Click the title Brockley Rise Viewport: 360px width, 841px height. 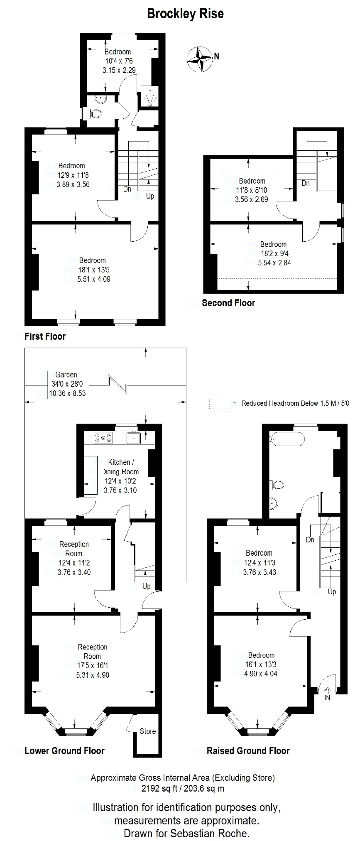[x=185, y=14]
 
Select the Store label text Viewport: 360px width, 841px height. [x=147, y=731]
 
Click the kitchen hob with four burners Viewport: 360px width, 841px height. [x=103, y=437]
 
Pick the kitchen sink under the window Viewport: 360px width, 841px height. [x=135, y=438]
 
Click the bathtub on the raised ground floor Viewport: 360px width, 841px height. [x=288, y=439]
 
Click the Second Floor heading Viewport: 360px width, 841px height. [x=228, y=303]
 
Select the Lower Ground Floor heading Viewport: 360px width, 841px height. [x=64, y=750]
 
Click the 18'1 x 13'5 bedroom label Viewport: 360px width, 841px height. [x=93, y=270]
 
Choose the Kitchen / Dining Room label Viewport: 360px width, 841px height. [x=120, y=466]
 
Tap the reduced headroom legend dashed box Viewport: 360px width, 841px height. [x=220, y=403]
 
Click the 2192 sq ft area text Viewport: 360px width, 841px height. [x=183, y=788]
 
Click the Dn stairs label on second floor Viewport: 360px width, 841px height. [x=306, y=183]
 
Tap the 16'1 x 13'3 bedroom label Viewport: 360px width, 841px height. [x=261, y=664]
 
